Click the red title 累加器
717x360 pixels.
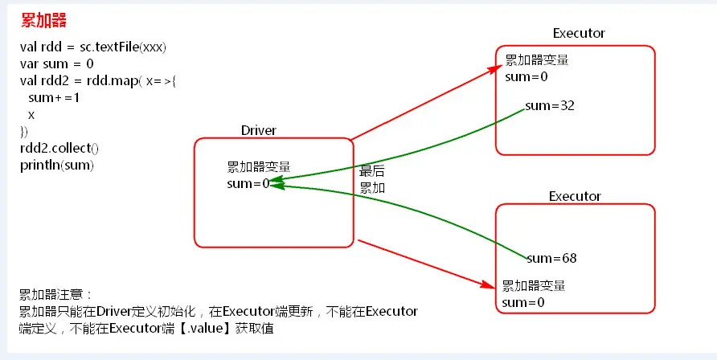click(x=44, y=20)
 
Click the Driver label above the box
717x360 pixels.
click(x=259, y=130)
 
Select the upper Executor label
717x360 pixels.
click(x=579, y=33)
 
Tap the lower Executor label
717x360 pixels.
click(x=575, y=196)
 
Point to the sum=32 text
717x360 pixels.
click(x=549, y=106)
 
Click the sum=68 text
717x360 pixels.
click(x=551, y=258)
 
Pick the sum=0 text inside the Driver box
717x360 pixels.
click(x=248, y=184)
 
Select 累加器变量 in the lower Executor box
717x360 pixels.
click(x=534, y=285)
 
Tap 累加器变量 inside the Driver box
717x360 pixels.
click(x=259, y=167)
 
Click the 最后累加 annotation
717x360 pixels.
click(x=371, y=180)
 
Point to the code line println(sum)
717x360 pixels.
click(x=57, y=166)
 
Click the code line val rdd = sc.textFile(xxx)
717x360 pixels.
click(x=93, y=47)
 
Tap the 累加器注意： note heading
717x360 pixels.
click(x=56, y=294)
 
